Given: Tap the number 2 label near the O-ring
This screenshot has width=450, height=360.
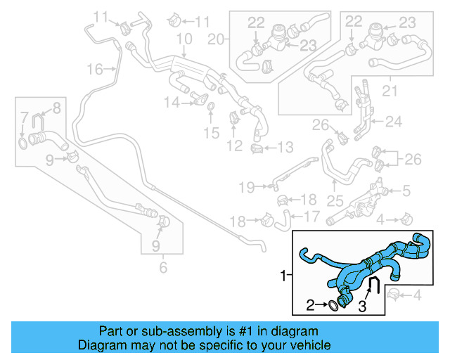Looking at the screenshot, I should [310, 305].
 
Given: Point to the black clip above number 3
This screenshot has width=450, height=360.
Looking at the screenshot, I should [375, 285].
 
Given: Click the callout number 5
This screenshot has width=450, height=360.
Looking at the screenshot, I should [406, 190].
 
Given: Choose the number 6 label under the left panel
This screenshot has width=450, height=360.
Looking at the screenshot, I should [163, 267].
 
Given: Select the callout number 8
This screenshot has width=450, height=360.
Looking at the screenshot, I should [56, 107].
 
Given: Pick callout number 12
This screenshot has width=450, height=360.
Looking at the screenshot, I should [234, 146].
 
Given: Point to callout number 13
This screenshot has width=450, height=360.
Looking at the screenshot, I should [285, 147].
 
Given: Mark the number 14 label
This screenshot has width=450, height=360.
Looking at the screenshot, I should [172, 103].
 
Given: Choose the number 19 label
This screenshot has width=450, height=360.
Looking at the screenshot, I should [245, 187].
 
